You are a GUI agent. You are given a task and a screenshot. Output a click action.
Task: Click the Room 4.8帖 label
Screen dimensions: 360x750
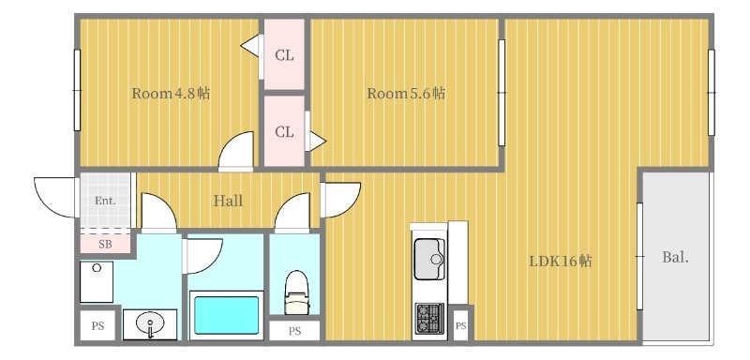[x=170, y=94]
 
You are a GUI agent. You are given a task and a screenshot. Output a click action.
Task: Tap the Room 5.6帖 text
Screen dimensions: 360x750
[x=405, y=94]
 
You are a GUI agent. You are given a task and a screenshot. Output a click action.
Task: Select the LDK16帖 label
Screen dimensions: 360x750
[x=560, y=261]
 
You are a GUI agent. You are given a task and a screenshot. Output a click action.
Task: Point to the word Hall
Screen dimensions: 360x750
[x=228, y=201]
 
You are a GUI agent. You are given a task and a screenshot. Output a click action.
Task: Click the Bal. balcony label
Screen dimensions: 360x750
[x=675, y=257]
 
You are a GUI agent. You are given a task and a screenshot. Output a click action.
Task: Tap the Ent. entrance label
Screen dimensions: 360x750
[x=104, y=201]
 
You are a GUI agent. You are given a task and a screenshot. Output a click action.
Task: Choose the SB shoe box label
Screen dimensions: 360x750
[x=104, y=244]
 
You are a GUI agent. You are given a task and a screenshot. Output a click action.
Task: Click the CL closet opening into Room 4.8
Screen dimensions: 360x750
[x=284, y=55]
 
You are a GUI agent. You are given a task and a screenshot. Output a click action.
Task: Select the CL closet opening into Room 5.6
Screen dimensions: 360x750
[x=284, y=132]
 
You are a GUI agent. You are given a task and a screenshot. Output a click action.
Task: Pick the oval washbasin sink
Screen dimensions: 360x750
[x=150, y=325]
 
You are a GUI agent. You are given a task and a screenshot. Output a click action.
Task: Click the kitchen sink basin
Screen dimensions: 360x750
[x=430, y=255]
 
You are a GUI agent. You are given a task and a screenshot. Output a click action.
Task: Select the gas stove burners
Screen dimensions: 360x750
[x=430, y=319]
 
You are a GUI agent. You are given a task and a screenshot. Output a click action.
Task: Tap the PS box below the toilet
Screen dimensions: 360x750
[x=294, y=331]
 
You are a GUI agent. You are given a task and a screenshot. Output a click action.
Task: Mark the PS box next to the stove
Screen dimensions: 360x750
[x=460, y=326]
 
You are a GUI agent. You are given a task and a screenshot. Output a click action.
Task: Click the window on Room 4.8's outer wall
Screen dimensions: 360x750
[x=77, y=91]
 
